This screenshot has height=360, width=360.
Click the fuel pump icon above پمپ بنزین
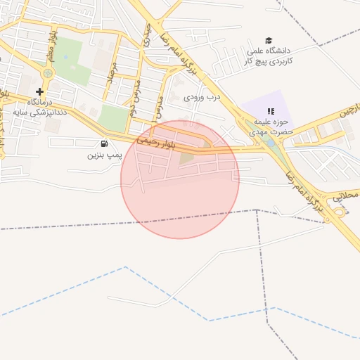(105, 143)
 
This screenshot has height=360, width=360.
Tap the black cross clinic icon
(39, 92)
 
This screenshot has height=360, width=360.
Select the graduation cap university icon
(269, 41)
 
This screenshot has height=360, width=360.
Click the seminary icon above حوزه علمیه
(271, 111)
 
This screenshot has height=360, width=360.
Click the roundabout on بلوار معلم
(48, 72)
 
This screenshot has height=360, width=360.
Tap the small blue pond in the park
(269, 142)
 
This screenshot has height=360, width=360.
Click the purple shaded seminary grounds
(264, 105)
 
